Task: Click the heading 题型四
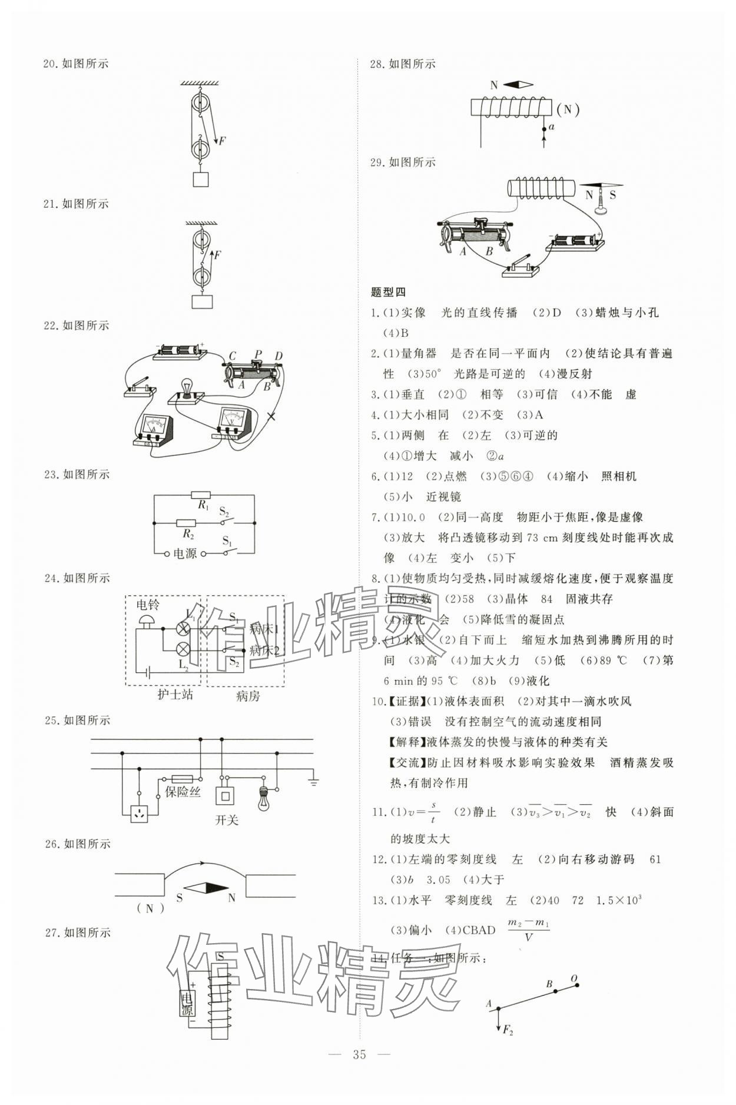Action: tap(388, 292)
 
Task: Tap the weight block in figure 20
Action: tap(201, 178)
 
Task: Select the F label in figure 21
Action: tap(217, 255)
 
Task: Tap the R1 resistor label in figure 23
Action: tap(203, 505)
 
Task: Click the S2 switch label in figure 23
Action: tap(224, 511)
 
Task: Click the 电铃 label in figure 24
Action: tap(148, 605)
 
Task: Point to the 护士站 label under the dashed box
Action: tap(175, 695)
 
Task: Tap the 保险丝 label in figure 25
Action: tap(183, 792)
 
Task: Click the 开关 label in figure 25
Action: tap(226, 820)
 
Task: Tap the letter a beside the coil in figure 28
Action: tap(551, 127)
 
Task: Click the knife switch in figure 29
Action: tap(520, 267)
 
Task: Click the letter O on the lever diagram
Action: tap(574, 979)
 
